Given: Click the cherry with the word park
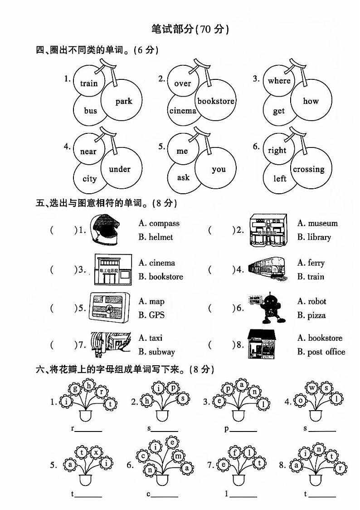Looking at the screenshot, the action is pos(122,101).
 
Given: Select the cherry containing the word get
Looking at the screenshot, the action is pos(279,110).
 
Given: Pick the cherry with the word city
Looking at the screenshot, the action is pos(89,178).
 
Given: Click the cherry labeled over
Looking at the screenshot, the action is pos(183,83).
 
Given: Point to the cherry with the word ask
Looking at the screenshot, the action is pos(183,177).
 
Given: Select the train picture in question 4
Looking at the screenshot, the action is pos(267,269).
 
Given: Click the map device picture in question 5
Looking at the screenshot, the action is pos(109,308).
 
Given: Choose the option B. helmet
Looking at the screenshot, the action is pos(156,237).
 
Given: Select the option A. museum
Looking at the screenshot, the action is pos(317,223).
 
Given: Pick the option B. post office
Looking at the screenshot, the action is pos(321,352).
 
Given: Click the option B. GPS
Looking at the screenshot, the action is pos(151,315).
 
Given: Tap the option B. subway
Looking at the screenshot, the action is pos(156,352).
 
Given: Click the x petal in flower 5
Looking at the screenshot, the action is pos(96,452).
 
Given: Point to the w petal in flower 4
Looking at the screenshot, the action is pos(313,388).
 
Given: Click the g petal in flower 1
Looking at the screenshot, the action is pos(75,388).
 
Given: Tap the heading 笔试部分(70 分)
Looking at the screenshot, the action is pos(190,29).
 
